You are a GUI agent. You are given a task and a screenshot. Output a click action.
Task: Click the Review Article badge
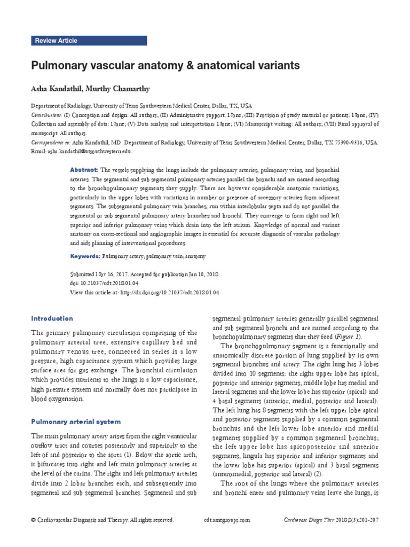tap(56, 41)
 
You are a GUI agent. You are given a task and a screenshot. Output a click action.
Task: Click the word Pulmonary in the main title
tap(62, 66)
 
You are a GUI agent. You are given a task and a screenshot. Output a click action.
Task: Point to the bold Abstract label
tap(84, 169)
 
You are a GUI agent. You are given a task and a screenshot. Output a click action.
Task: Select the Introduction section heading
tap(52, 319)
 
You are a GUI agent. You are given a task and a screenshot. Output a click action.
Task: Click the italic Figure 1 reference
tap(349, 338)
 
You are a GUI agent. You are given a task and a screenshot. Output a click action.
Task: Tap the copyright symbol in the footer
tap(34, 520)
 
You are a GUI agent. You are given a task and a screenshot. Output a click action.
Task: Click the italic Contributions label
tap(46, 115)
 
